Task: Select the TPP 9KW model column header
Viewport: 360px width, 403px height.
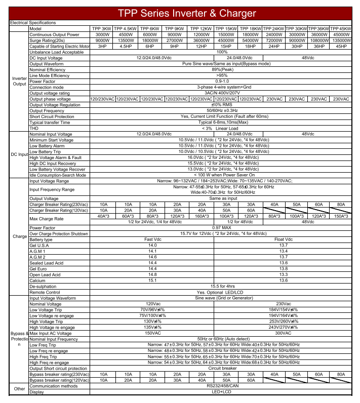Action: pyautogui.click(x=175, y=29)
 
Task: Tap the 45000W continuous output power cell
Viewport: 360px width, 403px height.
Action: pyautogui.click(x=341, y=34)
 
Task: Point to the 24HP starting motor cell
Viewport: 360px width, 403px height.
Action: pyautogui.click(x=274, y=46)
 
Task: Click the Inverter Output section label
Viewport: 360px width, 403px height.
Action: pyautogui.click(x=19, y=81)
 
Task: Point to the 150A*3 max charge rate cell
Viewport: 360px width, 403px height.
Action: pyautogui.click(x=341, y=216)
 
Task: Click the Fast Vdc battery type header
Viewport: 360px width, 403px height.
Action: pyautogui.click(x=152, y=239)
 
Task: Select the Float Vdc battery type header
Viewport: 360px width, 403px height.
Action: pyautogui.click(x=284, y=239)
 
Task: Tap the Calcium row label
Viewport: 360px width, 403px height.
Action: pyautogui.click(x=37, y=280)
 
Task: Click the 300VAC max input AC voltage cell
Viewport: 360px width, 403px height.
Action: pyautogui.click(x=284, y=333)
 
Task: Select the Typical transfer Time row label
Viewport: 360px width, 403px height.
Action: pyautogui.click(x=50, y=123)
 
